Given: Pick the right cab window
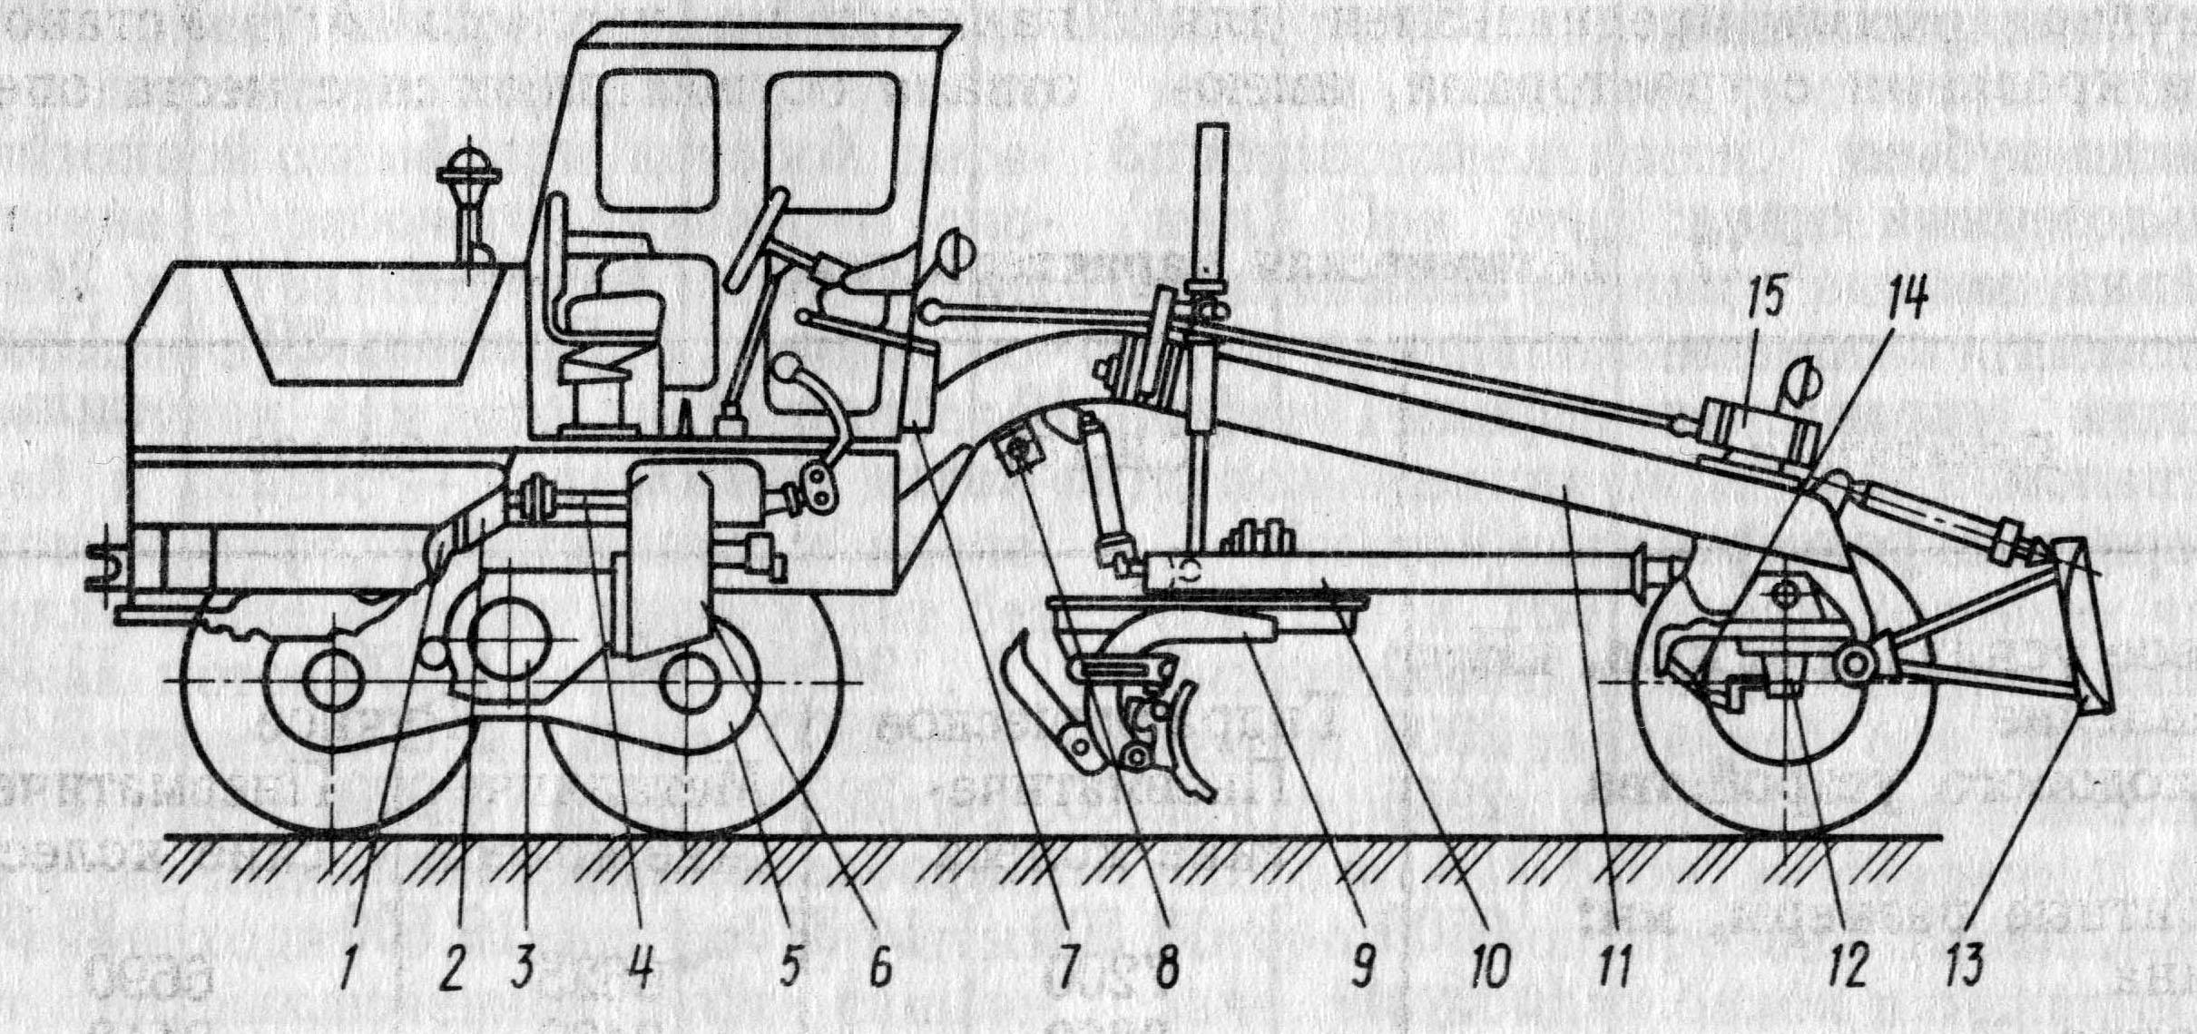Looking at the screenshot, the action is (x=830, y=141).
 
